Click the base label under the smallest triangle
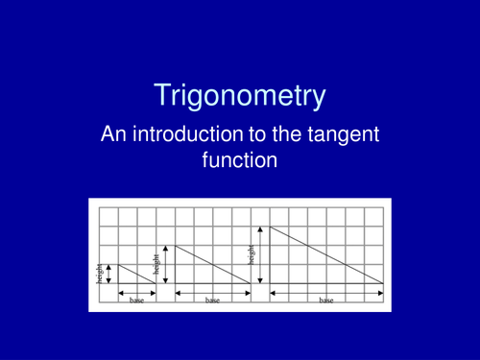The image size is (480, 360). click(x=137, y=300)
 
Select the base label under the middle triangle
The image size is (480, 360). click(x=212, y=300)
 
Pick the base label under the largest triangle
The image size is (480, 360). click(x=326, y=300)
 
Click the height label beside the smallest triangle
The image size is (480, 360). click(x=99, y=274)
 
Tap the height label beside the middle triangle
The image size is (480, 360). click(x=156, y=261)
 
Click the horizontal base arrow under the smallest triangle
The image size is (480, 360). click(x=137, y=291)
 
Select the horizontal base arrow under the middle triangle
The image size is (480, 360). click(x=212, y=291)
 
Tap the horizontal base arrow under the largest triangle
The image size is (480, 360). click(x=326, y=291)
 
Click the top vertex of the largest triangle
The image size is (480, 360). click(x=271, y=226)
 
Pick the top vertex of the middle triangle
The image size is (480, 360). click(x=176, y=245)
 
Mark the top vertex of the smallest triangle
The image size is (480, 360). click(x=118, y=264)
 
